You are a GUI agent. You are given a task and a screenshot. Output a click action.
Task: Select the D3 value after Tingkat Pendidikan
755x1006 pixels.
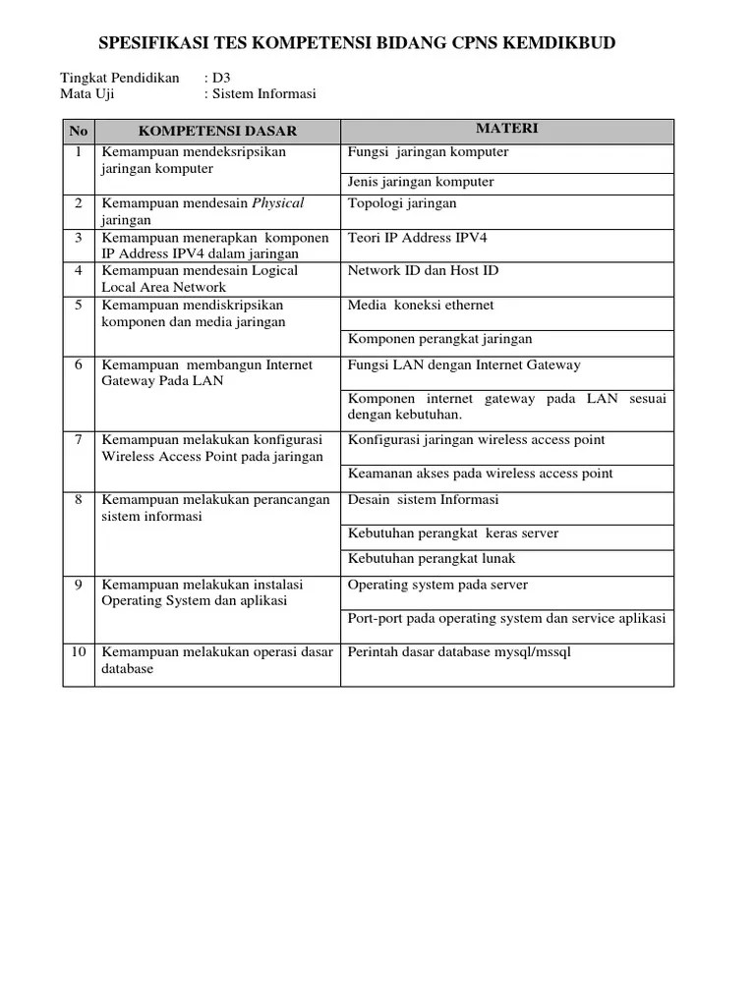[221, 78]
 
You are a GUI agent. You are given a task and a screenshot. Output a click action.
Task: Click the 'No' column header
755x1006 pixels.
[79, 131]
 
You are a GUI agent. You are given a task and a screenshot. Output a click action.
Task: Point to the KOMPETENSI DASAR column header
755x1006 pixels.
[217, 131]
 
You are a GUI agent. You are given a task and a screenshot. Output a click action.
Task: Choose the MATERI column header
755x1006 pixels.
[506, 129]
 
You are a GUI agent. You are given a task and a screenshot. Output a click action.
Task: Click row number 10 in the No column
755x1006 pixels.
[79, 652]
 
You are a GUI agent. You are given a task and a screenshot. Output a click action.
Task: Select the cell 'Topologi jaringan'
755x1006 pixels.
[402, 203]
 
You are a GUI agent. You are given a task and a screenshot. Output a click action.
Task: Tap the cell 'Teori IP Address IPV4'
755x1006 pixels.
[418, 238]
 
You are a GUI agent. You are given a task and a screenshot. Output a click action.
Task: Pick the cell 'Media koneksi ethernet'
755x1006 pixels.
[421, 306]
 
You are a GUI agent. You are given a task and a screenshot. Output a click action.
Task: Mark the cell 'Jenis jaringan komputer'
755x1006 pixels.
[421, 182]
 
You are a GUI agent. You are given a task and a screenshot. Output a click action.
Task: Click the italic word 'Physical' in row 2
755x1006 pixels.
[279, 203]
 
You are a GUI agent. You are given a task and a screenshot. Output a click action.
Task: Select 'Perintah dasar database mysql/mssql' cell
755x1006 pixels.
[459, 652]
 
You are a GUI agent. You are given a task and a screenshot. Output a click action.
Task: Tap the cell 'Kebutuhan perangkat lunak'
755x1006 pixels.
[432, 559]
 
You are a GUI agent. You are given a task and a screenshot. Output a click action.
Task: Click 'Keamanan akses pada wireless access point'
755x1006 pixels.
[480, 474]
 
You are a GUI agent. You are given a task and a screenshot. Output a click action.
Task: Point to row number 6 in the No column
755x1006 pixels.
[79, 364]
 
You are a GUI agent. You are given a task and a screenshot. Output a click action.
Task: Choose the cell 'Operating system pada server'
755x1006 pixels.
[437, 585]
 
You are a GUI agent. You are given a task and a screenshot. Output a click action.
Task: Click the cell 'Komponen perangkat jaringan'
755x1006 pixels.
[439, 339]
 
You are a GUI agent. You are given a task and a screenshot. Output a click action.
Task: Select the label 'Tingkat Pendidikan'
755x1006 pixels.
[120, 78]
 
